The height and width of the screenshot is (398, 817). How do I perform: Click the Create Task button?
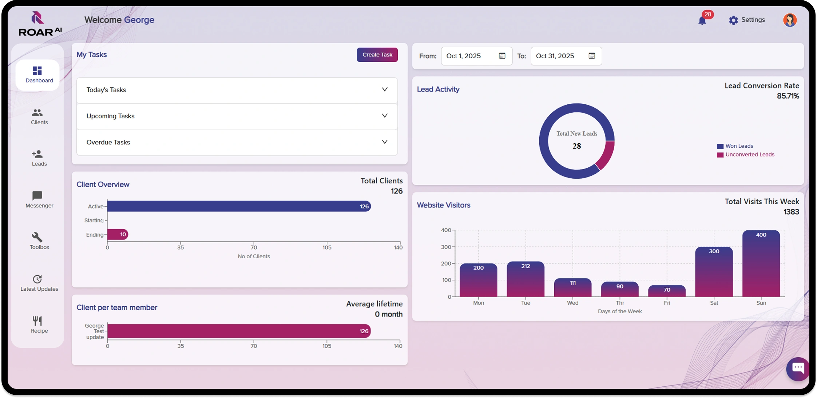pos(377,55)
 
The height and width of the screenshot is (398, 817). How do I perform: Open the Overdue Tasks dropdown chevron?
pos(384,142)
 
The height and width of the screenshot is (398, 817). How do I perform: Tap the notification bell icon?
pos(702,20)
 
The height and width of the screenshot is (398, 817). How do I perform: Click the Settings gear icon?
pos(733,20)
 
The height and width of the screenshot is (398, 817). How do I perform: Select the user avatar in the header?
pos(790,20)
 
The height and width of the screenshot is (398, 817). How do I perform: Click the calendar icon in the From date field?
pos(502,56)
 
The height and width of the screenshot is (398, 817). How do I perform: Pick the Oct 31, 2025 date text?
pos(555,56)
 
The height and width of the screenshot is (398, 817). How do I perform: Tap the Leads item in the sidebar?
pos(39,158)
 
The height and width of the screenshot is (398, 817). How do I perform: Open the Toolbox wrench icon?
pos(37,237)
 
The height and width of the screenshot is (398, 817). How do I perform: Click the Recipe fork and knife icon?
pos(37,321)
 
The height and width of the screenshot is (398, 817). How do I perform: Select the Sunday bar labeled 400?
pos(761,264)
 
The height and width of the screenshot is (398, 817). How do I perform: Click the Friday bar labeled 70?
pos(667,291)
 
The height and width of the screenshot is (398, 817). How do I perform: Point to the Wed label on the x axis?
pos(572,303)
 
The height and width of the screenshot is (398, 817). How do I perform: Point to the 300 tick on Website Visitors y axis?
pos(446,247)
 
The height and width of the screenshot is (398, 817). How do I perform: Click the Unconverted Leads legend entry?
pos(749,155)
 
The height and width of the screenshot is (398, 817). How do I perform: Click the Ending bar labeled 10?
pos(118,234)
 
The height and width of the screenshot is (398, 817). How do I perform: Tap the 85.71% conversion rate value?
pos(788,96)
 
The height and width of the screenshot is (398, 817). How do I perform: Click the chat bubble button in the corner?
pos(798,368)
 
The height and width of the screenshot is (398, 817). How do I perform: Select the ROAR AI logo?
pos(39,24)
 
